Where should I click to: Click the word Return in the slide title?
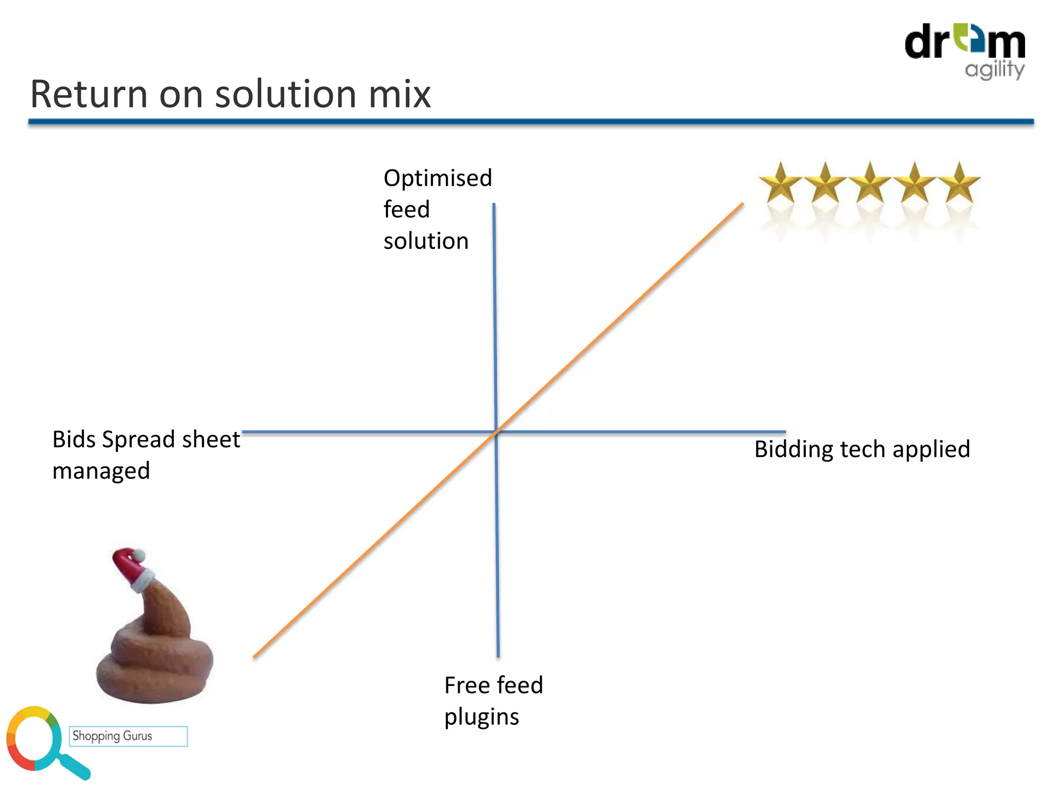[88, 95]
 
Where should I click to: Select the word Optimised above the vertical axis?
[438, 178]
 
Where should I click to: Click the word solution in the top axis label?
[426, 241]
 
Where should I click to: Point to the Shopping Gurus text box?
[128, 736]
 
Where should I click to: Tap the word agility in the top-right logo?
[994, 70]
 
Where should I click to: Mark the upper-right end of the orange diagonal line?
[742, 204]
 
